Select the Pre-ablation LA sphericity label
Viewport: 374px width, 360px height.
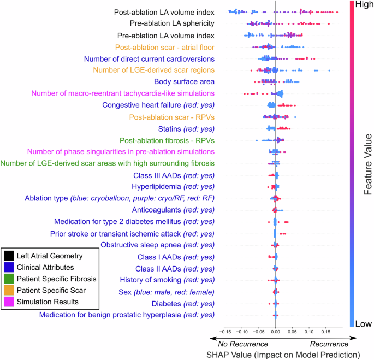click(x=172, y=23)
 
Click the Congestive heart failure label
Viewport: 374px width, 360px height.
click(x=158, y=105)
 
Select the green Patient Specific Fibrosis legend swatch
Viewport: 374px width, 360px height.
click(x=9, y=279)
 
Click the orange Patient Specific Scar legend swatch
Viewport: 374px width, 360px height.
click(x=9, y=290)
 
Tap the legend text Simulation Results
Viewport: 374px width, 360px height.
click(x=47, y=302)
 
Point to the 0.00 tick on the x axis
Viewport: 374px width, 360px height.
click(x=275, y=331)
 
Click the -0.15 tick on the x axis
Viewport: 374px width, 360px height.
click(x=224, y=331)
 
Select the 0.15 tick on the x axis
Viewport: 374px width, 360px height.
click(x=325, y=331)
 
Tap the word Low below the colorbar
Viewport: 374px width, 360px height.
click(x=363, y=323)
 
